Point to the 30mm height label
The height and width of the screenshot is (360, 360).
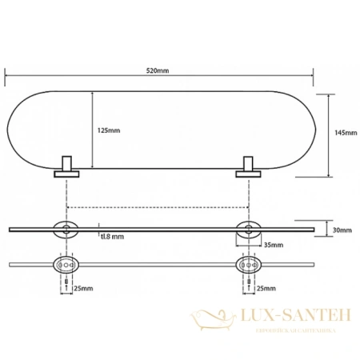click(342, 230)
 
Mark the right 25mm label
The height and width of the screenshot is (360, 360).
click(268, 287)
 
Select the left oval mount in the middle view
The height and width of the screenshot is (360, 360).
click(65, 230)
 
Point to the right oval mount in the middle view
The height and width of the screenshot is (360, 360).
click(250, 230)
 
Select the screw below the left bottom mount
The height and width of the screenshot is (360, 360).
click(65, 282)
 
